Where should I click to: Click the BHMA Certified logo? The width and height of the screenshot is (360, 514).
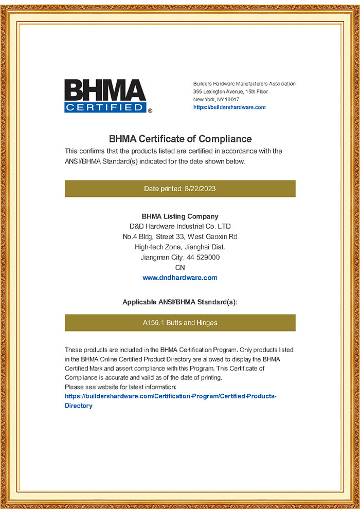point(105,96)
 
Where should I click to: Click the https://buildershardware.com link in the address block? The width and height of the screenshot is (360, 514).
point(229,107)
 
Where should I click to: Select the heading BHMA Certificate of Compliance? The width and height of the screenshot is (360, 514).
point(180,139)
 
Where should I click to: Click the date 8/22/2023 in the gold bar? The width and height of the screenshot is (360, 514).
point(200,189)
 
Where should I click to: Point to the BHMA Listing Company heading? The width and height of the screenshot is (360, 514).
point(180,216)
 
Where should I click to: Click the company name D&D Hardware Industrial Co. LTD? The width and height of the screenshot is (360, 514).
point(180,226)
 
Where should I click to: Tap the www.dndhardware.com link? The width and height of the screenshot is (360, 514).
point(180,278)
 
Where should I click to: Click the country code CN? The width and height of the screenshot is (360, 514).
point(180,267)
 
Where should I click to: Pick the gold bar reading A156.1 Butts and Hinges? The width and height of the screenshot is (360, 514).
point(180,323)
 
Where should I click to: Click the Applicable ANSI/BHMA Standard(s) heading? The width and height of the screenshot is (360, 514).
point(180,302)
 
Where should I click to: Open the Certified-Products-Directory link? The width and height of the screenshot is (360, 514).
point(170,397)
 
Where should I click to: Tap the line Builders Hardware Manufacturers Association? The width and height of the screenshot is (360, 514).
point(244,84)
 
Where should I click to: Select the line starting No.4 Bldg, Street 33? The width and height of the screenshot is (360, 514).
point(180,236)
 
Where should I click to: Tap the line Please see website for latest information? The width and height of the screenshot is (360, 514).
point(120,386)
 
